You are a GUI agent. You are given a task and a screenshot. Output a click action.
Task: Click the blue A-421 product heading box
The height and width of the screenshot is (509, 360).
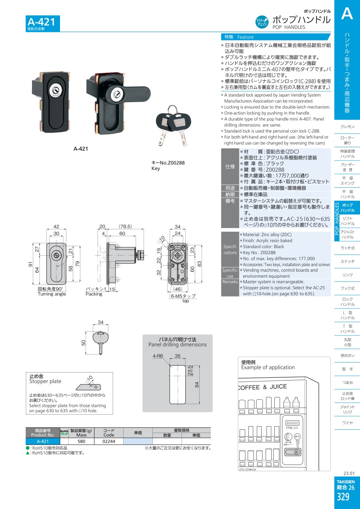tap(43, 23)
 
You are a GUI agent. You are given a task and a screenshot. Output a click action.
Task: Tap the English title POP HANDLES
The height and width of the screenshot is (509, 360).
tap(289, 27)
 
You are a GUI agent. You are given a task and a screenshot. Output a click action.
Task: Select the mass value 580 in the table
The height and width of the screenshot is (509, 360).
tap(81, 441)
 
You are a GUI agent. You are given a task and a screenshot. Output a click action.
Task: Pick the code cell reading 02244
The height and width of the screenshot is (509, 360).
tap(109, 441)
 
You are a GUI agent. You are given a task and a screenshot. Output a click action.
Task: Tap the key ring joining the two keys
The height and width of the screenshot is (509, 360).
tap(173, 110)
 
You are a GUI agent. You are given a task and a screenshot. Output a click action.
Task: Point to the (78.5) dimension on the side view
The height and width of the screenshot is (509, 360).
tap(125, 226)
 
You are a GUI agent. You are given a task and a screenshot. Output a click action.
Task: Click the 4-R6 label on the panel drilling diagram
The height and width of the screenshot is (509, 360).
tap(158, 356)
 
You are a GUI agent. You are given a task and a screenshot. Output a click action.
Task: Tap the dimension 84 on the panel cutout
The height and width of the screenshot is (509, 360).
tap(197, 385)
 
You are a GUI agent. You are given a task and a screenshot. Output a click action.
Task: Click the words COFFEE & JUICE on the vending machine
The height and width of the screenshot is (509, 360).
tap(262, 387)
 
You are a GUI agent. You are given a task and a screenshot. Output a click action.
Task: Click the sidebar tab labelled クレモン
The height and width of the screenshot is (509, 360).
tap(347, 126)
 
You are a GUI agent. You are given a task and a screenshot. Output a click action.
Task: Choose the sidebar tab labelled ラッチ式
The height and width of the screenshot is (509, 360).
tap(347, 248)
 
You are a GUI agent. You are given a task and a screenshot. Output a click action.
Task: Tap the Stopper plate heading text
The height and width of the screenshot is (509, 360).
tap(45, 381)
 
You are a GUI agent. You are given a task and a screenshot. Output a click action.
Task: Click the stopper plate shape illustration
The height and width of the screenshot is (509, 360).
tap(88, 387)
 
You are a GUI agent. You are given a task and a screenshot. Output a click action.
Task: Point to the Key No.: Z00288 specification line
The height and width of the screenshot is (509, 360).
tap(259, 252)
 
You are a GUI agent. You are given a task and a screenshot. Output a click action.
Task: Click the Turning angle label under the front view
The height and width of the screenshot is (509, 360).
tap(52, 294)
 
